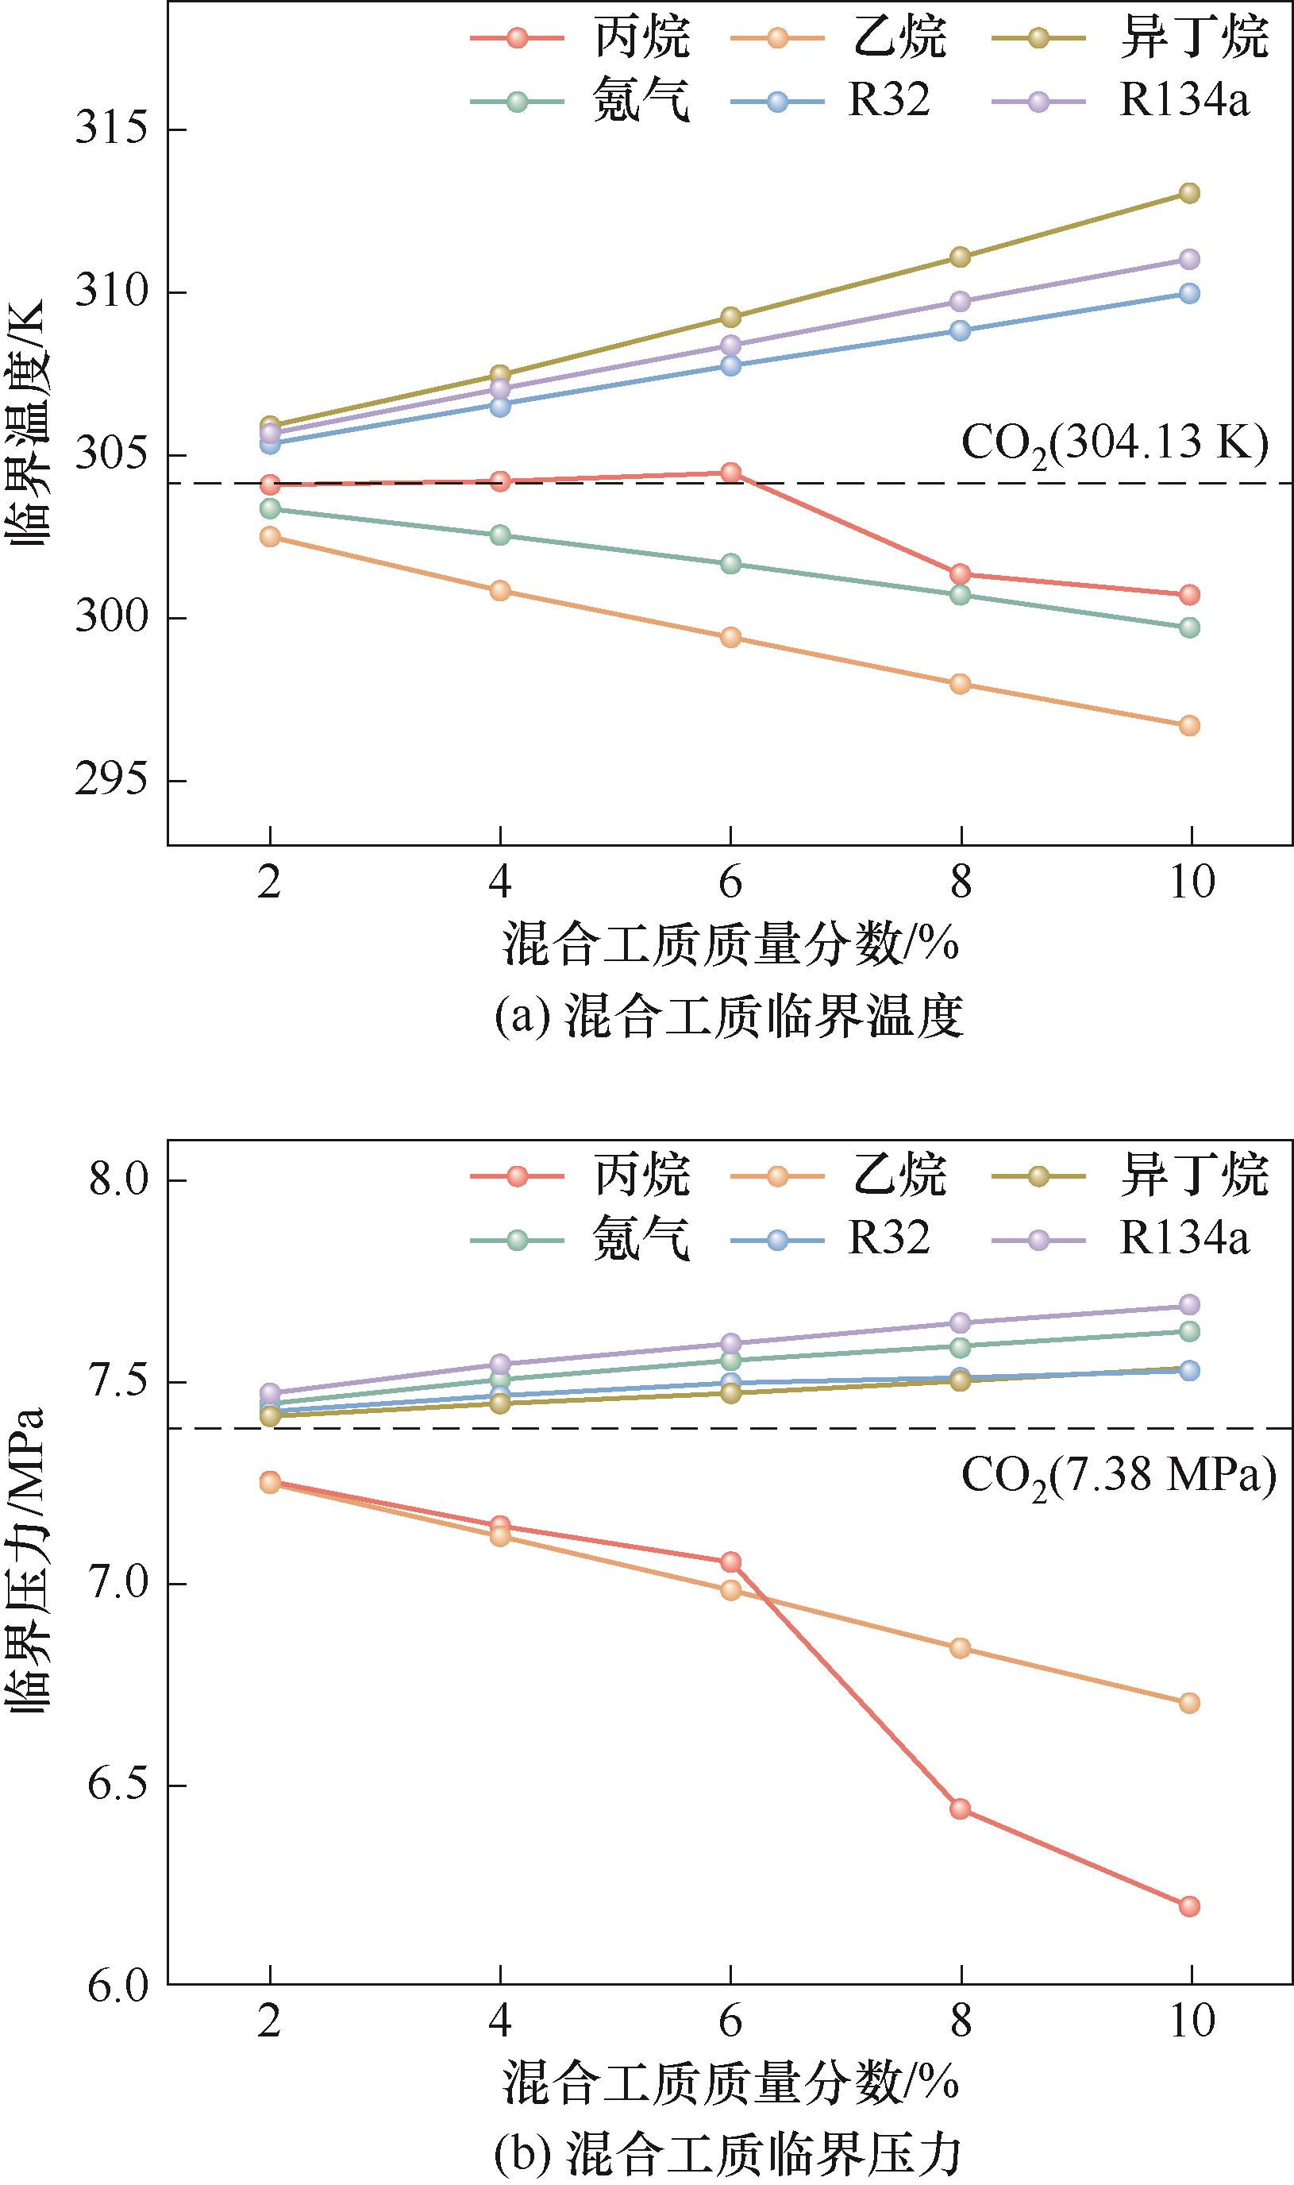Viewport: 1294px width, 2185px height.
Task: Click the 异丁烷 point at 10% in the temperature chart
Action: click(x=1189, y=193)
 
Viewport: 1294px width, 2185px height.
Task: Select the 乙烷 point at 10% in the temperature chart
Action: click(x=1189, y=726)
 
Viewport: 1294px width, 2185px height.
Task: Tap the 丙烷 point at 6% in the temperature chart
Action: click(x=730, y=473)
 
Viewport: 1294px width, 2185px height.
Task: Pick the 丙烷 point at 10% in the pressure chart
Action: click(x=1189, y=1906)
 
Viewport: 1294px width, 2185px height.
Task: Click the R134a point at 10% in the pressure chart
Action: click(x=1189, y=1305)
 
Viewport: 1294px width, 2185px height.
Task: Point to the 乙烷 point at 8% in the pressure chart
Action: click(x=960, y=1648)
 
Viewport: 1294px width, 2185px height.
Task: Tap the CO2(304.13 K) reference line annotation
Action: click(x=1115, y=443)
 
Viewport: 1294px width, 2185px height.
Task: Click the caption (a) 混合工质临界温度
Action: click(x=729, y=1017)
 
